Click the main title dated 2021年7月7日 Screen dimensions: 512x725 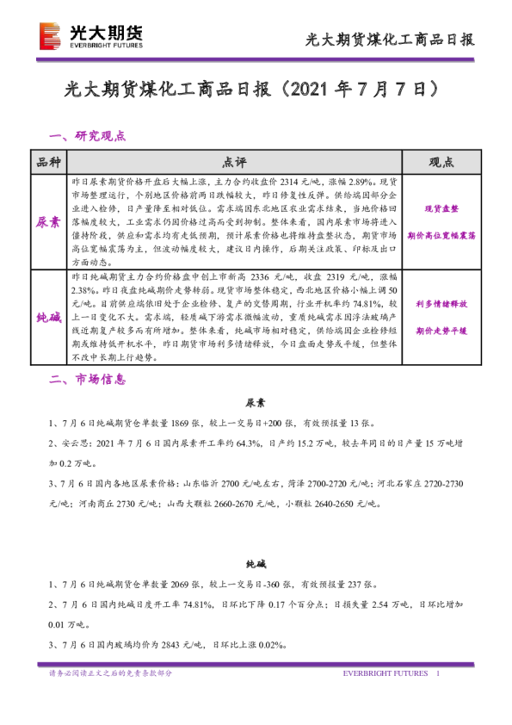[x=256, y=90]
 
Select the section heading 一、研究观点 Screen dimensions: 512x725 [x=89, y=136]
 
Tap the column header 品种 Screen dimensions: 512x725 [x=48, y=163]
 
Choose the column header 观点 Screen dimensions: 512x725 [x=441, y=163]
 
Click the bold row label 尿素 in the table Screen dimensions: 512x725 [x=48, y=221]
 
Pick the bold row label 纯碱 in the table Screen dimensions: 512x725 [x=48, y=318]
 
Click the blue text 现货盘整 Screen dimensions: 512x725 [x=441, y=209]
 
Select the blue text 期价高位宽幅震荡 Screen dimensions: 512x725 [x=441, y=234]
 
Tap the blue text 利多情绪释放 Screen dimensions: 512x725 [x=441, y=304]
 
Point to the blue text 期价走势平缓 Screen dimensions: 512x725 [x=441, y=330]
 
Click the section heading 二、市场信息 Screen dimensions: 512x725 [x=89, y=379]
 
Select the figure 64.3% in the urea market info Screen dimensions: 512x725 [x=248, y=444]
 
